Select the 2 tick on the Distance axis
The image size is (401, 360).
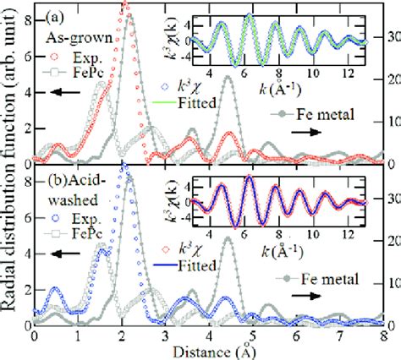121,335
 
